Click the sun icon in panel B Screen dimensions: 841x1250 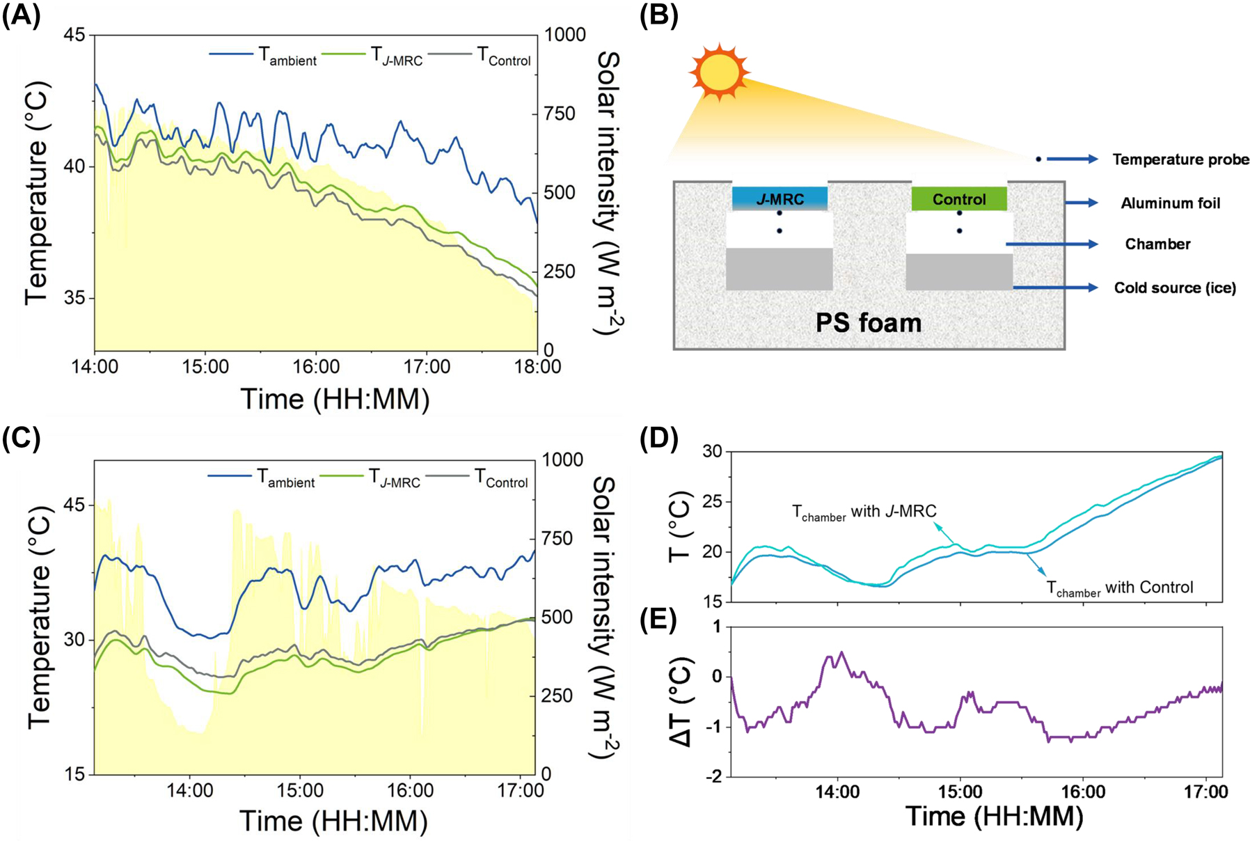click(719, 72)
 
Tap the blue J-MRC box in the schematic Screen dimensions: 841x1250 click(780, 198)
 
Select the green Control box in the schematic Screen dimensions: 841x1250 click(959, 199)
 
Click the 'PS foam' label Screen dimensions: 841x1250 click(868, 323)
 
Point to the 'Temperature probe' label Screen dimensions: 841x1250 click(1180, 159)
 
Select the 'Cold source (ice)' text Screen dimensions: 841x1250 click(1175, 288)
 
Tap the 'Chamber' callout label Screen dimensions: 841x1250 click(1157, 244)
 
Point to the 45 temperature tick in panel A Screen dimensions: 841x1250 click(78, 35)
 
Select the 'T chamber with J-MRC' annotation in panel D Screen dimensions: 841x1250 click(864, 512)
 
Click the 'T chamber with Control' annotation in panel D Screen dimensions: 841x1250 click(1119, 588)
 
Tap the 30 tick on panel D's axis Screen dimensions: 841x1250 click(712, 452)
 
